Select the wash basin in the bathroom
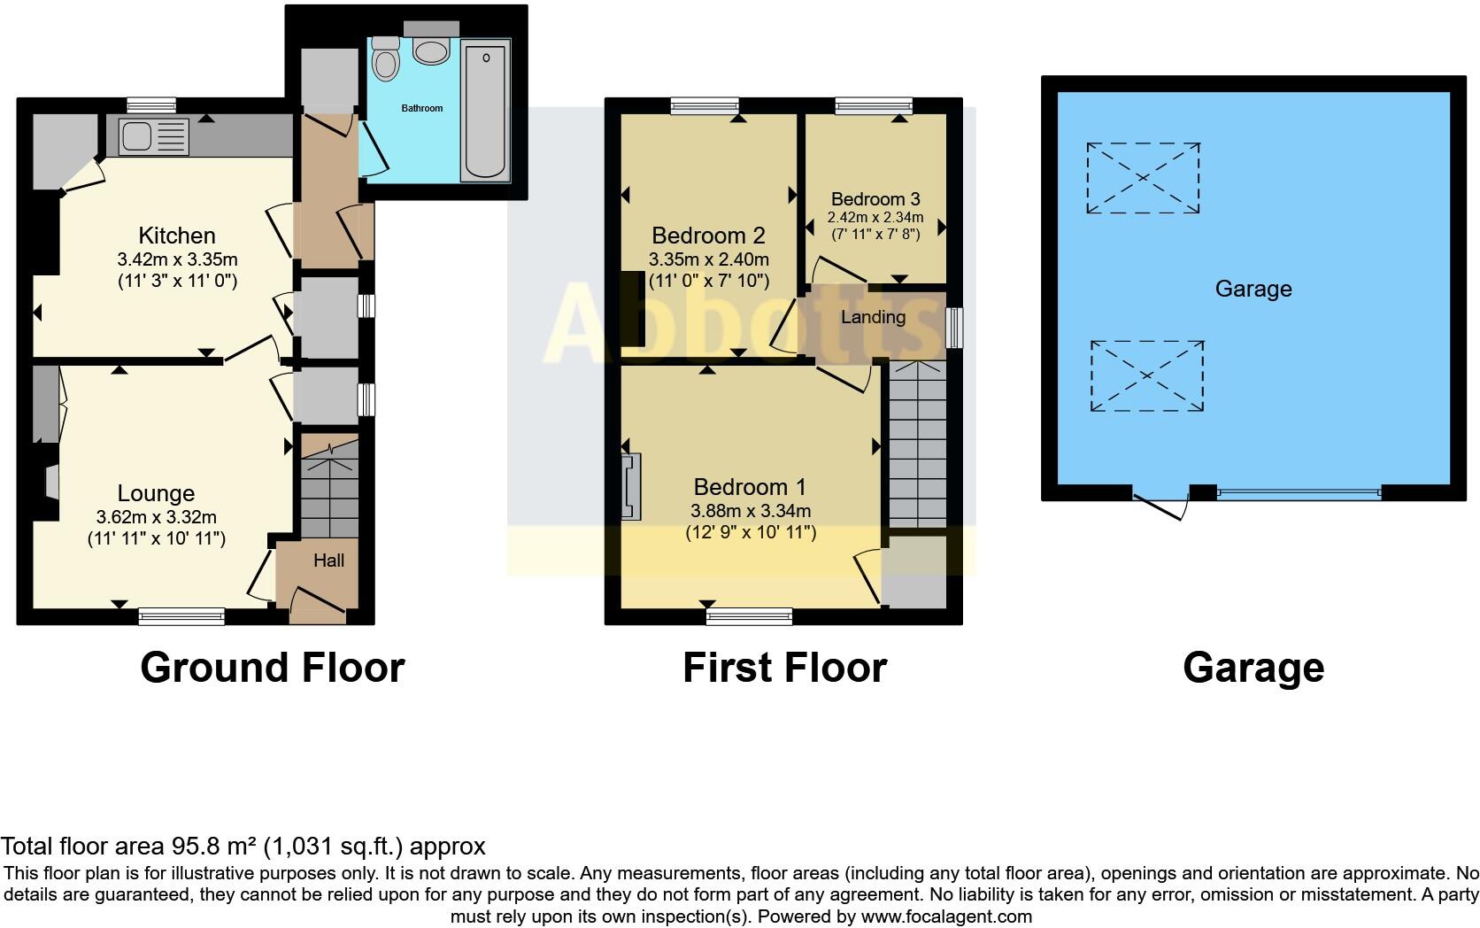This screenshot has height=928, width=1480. coord(431,51)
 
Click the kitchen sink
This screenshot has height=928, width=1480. coord(138,136)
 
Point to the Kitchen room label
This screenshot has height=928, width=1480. coord(177,236)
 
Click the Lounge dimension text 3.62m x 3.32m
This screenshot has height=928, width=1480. coord(156,517)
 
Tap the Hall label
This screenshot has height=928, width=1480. coord(328,561)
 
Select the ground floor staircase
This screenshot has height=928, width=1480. coord(329,492)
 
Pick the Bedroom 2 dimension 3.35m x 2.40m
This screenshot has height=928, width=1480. coord(708,260)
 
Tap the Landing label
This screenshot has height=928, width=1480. coord(873,317)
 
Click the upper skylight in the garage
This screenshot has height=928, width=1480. coord(1143,178)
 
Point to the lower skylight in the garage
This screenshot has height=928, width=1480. coord(1146,376)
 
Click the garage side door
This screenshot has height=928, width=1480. coord(1160,506)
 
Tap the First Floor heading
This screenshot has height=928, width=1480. coord(784,668)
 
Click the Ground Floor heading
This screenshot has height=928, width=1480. coord(272,668)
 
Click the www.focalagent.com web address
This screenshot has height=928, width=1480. coord(946,916)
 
